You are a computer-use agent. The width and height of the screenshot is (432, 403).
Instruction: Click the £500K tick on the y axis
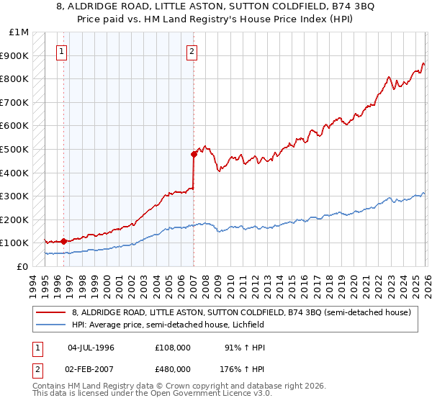[x=15, y=149]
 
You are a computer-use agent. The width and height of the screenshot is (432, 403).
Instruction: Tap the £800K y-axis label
[x=15, y=78]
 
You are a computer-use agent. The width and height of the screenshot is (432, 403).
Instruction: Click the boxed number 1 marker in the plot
[x=63, y=51]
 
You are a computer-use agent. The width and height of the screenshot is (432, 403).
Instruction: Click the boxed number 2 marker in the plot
[x=192, y=51]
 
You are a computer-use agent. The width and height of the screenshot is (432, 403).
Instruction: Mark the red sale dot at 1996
[x=63, y=241]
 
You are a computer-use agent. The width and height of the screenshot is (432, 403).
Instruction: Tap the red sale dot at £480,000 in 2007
[x=194, y=153]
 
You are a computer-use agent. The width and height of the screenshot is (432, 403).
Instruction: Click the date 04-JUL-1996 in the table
[x=91, y=348]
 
